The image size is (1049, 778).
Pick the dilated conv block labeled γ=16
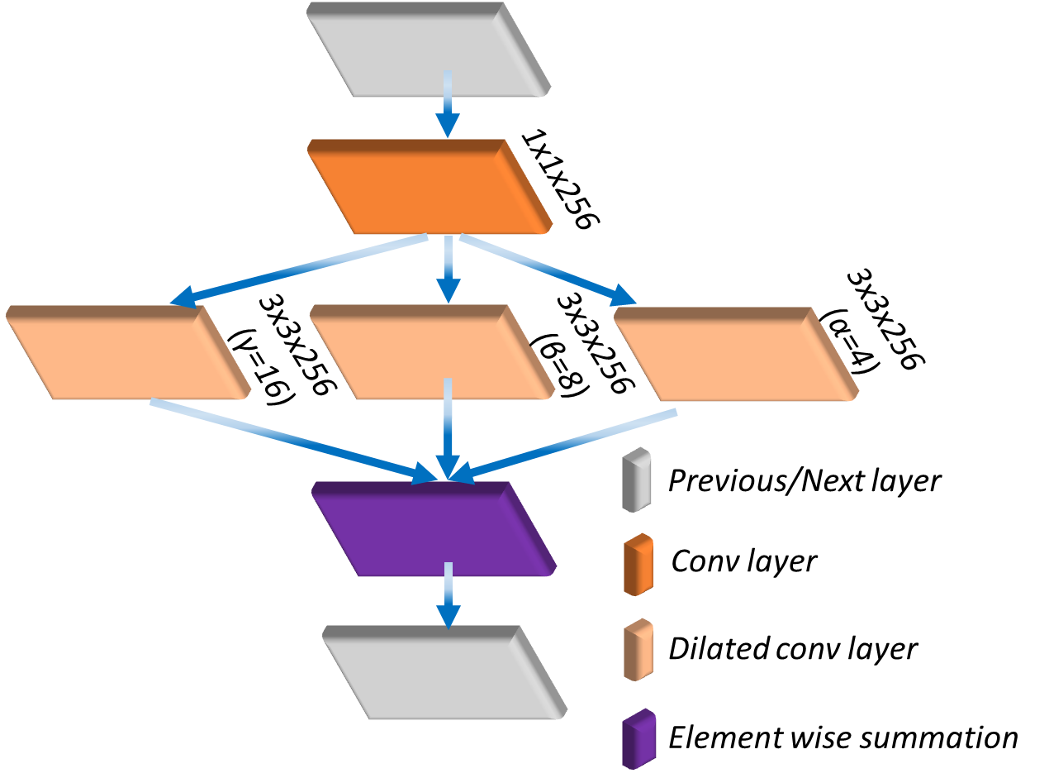[x=124, y=356]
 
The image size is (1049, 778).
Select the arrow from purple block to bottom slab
[x=448, y=595]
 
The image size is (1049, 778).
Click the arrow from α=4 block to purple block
[x=570, y=442]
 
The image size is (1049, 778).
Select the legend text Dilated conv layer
[x=792, y=648]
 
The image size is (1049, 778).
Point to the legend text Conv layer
[x=743, y=562]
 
